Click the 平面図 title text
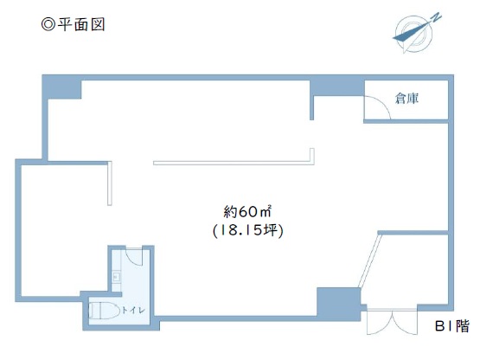[81, 24]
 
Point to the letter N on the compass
[437, 17]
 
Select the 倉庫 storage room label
[406, 99]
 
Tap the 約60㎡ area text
[247, 211]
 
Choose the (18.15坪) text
[248, 230]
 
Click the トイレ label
[133, 310]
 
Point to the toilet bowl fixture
[104, 311]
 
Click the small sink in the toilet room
[117, 277]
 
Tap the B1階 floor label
[452, 326]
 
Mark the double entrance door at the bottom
[392, 322]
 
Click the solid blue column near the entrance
[338, 304]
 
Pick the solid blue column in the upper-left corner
[61, 87]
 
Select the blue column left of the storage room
[336, 88]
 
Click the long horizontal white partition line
[234, 163]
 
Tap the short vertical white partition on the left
[110, 183]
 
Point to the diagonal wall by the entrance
[370, 260]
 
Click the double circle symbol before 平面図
[48, 24]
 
